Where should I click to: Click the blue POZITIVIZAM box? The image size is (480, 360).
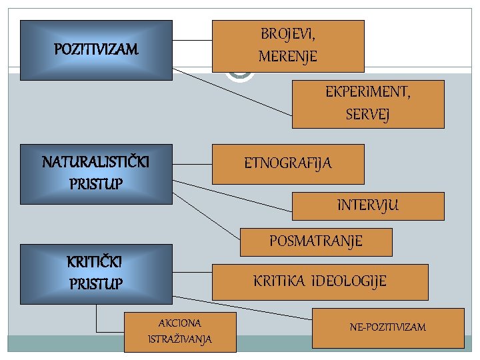click(97, 50)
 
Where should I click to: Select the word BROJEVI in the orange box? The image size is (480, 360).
click(288, 33)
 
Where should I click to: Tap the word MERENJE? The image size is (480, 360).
click(288, 57)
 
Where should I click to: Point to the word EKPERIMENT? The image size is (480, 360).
click(368, 92)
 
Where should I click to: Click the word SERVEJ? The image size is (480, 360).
click(368, 115)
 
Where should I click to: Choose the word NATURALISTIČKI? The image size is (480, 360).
click(96, 162)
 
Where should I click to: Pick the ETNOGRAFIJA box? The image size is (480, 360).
click(288, 163)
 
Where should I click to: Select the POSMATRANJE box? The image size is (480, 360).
click(316, 241)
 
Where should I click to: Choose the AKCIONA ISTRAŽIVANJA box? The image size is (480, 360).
click(180, 331)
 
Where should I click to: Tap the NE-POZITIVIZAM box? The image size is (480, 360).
click(387, 327)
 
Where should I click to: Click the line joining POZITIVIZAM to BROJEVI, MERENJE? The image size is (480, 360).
click(192, 41)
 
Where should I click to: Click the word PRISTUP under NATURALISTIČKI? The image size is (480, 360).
click(96, 183)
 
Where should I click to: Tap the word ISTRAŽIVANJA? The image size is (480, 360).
click(180, 339)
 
